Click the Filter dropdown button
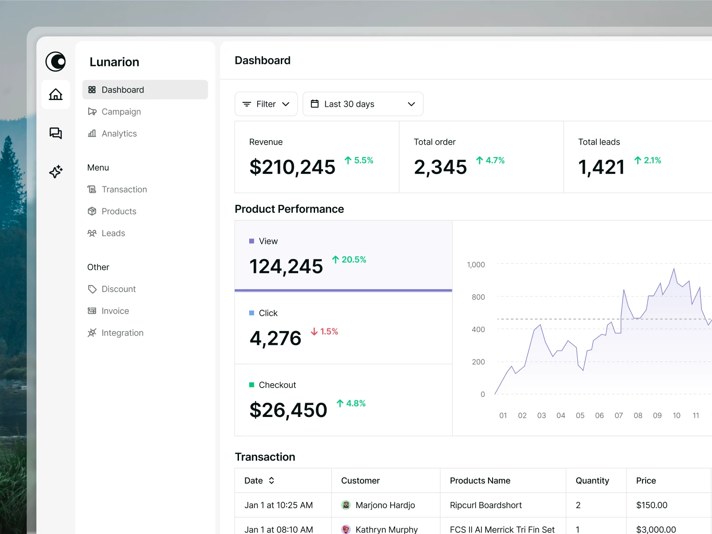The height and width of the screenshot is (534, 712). tap(266, 104)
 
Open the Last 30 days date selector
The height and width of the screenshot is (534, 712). tap(363, 104)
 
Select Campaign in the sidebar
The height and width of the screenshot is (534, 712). tap(121, 112)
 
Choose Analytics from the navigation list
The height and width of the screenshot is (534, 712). tap(119, 133)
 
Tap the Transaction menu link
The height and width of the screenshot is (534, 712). tap(124, 190)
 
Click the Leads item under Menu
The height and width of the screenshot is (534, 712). tap(113, 233)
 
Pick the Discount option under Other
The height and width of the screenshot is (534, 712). tap(118, 289)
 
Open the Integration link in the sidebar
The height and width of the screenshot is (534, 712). tap(122, 333)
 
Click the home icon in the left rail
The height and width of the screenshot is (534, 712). tap(56, 94)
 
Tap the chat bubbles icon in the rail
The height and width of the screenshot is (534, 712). tap(56, 133)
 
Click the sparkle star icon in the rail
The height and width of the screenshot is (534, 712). tap(56, 171)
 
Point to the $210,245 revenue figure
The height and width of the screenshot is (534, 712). tap(292, 167)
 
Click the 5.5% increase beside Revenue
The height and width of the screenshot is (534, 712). tap(359, 160)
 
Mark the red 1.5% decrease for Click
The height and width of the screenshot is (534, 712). tap(324, 332)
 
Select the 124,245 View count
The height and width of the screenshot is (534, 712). tap(286, 267)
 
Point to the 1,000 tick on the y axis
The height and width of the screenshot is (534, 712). tap(476, 265)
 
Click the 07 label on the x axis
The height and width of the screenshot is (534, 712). tap(619, 416)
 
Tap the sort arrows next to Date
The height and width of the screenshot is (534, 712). tap(271, 481)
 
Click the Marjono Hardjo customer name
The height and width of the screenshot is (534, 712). tap(385, 505)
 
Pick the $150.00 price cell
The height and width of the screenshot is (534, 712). tap(651, 505)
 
